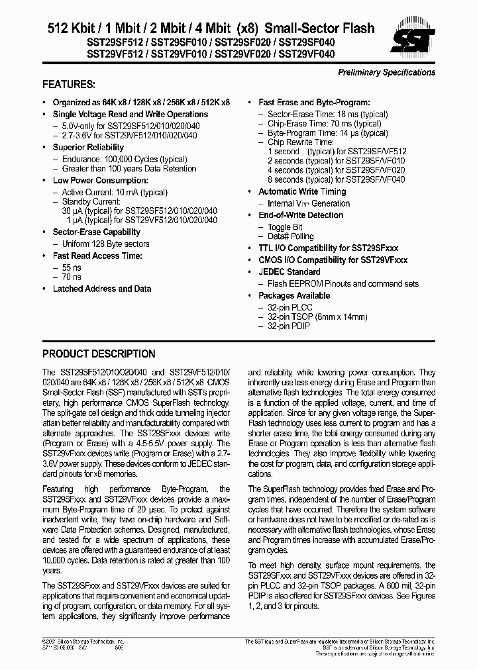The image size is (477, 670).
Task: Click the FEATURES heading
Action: coord(68,85)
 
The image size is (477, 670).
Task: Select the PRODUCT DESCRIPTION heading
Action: coord(99,354)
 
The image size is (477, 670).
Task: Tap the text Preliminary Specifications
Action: coord(386,72)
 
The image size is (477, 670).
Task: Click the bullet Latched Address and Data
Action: coord(101,289)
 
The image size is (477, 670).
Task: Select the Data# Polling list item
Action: coord(290,236)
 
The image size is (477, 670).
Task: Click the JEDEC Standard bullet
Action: coord(289,272)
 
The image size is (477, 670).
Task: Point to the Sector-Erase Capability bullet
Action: coord(96,232)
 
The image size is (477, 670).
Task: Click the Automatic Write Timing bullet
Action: coord(302,192)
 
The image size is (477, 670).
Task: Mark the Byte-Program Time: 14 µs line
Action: coord(328,133)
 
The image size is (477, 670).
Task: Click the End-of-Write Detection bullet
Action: coord(300,215)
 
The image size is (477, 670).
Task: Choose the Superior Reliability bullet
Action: coord(88,147)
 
